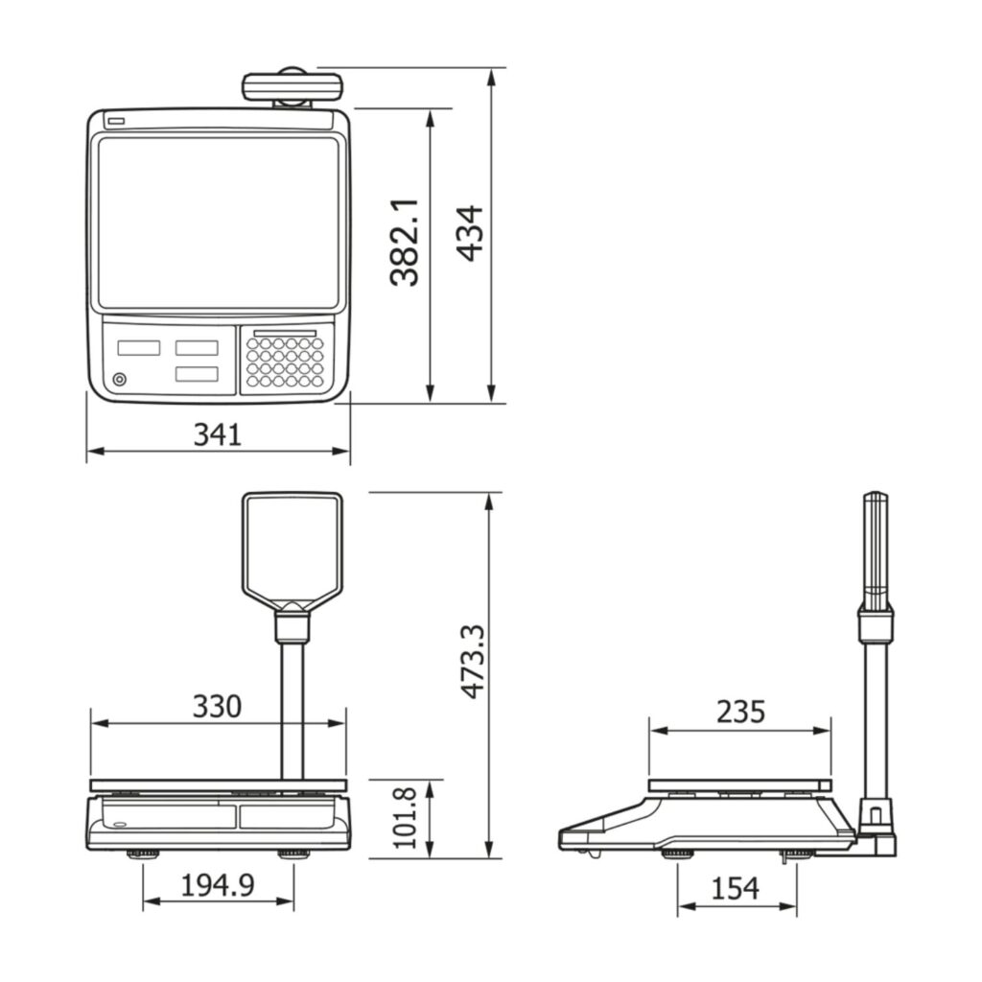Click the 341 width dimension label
[x=218, y=434]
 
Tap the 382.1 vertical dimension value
[x=404, y=243]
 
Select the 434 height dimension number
[x=470, y=232]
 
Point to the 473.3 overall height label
[x=472, y=662]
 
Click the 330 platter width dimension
[x=217, y=706]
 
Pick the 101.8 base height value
[x=405, y=819]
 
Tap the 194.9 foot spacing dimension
[x=218, y=885]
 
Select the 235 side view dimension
[x=741, y=713]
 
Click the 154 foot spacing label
[x=736, y=889]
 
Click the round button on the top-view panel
[x=119, y=380]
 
